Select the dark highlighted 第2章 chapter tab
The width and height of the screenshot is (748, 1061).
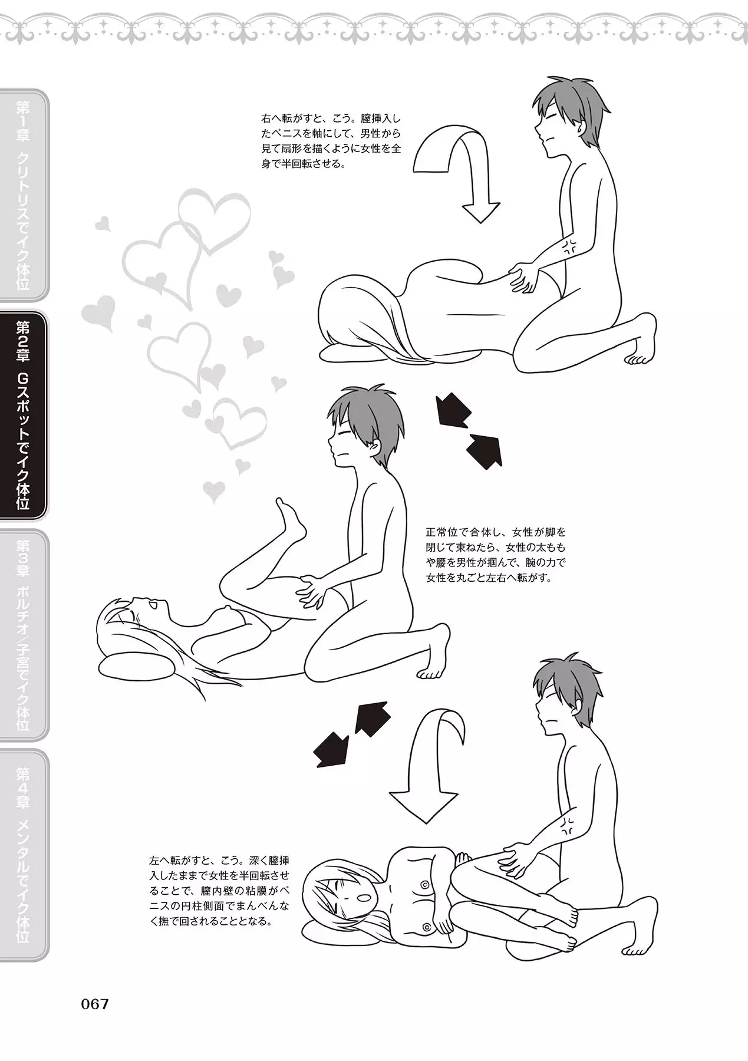24,416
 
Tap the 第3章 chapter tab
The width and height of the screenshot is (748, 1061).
24,635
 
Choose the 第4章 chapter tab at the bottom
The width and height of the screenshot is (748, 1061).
24,855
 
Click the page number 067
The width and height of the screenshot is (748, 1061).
95,1004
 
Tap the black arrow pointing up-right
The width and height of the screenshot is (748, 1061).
372,719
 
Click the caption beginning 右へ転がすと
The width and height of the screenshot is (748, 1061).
331,141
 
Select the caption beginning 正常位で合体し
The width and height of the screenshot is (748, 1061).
496,555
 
